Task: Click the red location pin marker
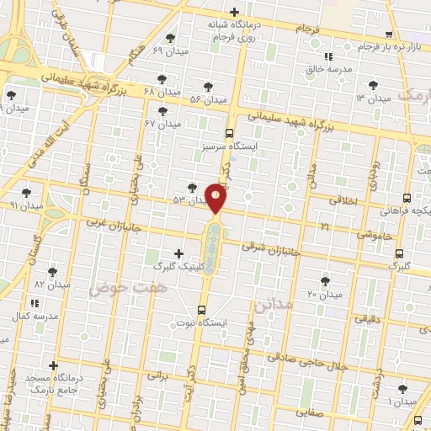(216, 197)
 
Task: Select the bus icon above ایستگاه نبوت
(202, 309)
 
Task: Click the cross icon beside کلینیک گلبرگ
(178, 253)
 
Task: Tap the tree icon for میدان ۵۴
(208, 88)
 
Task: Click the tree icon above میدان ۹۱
(27, 193)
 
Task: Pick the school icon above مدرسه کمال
(34, 302)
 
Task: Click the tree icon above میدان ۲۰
(326, 281)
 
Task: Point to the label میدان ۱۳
(373, 98)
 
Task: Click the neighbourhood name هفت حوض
(116, 288)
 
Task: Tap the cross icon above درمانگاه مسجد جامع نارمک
(54, 366)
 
